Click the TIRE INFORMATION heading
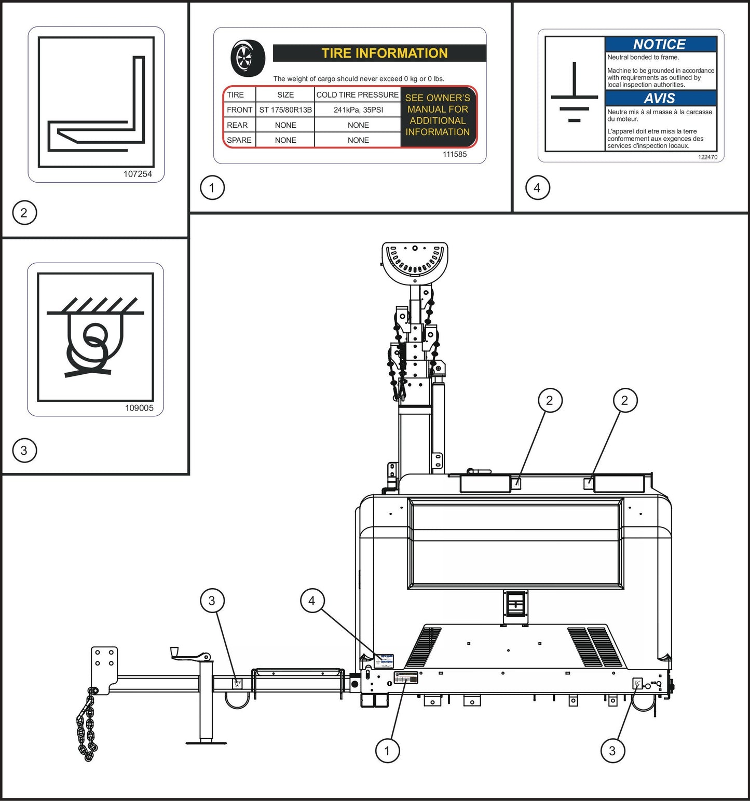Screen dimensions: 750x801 click(384, 53)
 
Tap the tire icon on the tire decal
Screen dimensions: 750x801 click(248, 58)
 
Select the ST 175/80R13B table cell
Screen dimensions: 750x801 click(285, 110)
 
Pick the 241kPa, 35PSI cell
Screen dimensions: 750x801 click(358, 110)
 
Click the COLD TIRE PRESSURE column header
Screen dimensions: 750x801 click(358, 94)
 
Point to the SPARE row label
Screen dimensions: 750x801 click(239, 140)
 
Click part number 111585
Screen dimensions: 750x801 click(455, 154)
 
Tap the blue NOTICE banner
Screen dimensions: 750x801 click(661, 44)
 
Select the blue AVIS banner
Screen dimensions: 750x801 click(661, 98)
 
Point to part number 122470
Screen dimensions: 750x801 click(707, 157)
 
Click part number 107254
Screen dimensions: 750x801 click(138, 174)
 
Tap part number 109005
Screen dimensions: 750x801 click(139, 408)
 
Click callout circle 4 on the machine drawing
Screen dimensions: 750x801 click(312, 601)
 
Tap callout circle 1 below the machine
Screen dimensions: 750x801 click(387, 751)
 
